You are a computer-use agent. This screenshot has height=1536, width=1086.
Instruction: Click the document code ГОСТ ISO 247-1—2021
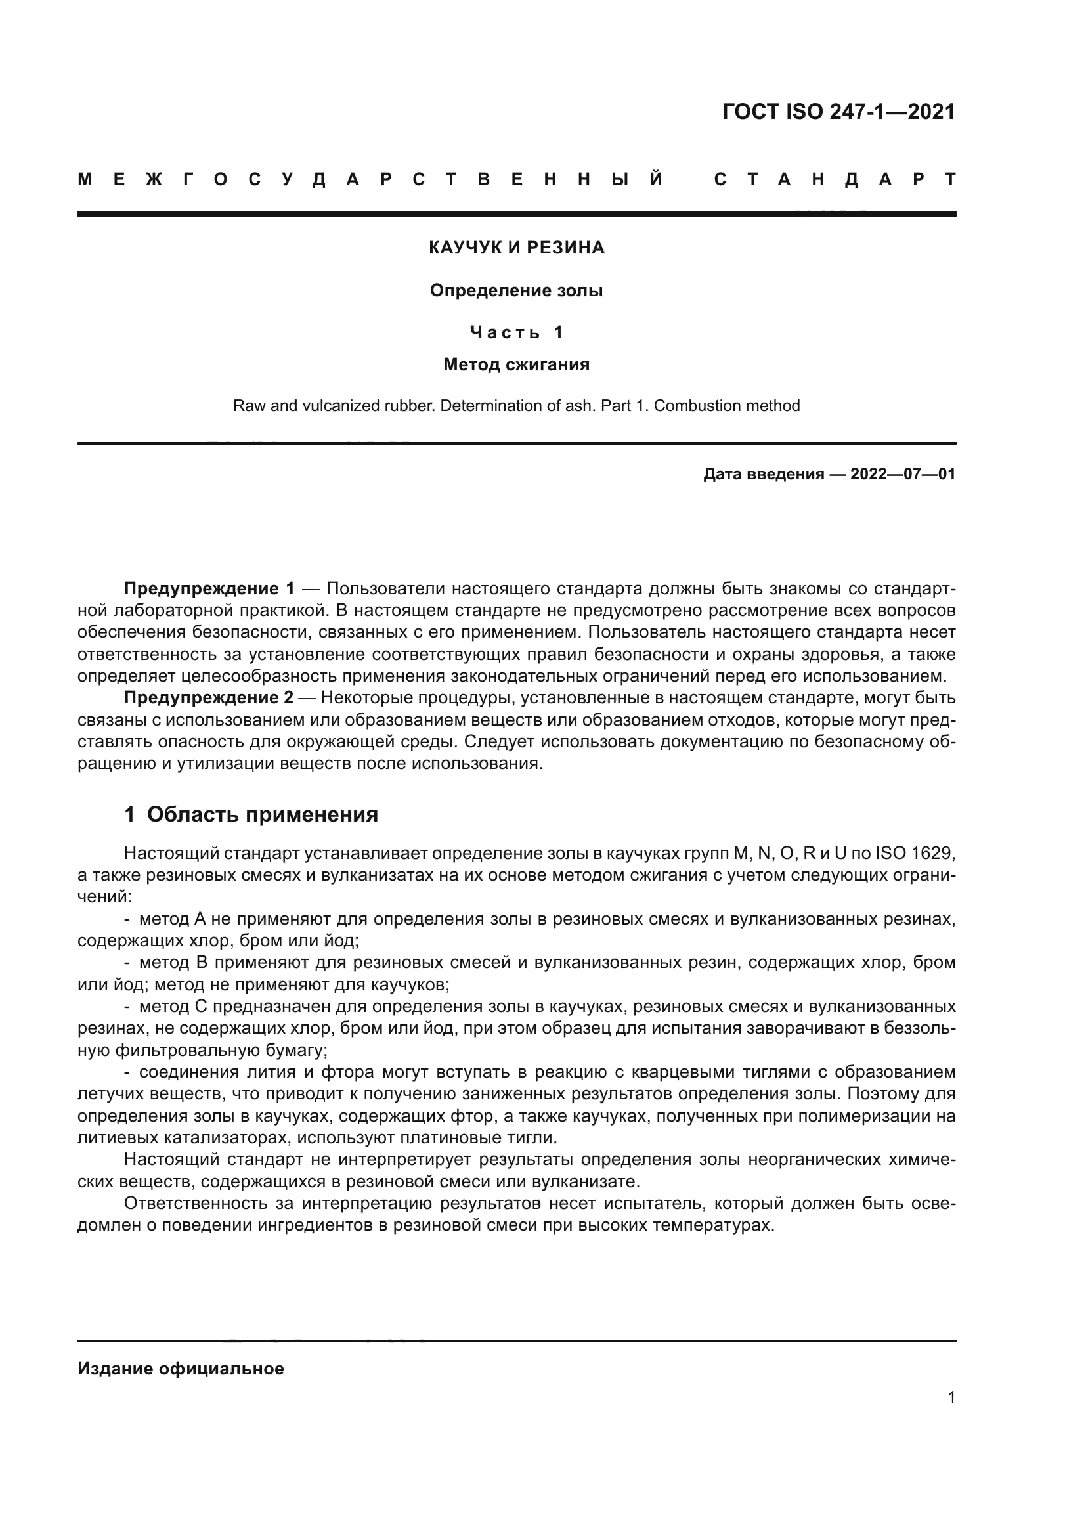coord(838,112)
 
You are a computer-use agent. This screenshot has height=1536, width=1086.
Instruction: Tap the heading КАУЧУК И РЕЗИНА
coord(516,248)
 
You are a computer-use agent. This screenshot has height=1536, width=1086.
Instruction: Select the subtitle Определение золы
coord(516,291)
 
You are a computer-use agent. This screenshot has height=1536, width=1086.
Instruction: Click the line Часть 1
coord(516,332)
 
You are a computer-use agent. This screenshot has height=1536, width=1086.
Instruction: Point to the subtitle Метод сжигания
coord(516,365)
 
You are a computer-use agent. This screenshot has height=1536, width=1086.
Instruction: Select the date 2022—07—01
coord(902,475)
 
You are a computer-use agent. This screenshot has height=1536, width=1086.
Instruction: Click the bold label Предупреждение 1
coord(209,589)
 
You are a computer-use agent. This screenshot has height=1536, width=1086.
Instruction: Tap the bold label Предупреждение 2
coord(209,699)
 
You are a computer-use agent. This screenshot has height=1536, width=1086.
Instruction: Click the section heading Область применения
coord(262,815)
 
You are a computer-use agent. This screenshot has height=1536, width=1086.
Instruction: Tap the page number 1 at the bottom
coord(951,1397)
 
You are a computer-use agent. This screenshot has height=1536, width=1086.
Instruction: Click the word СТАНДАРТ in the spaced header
coord(835,180)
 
